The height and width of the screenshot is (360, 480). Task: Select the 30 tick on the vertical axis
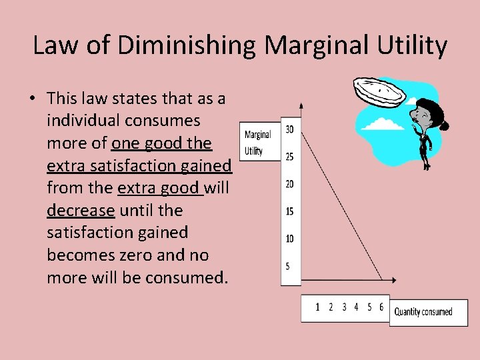[x=290, y=129]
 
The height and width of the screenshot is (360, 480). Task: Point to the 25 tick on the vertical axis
[x=290, y=157]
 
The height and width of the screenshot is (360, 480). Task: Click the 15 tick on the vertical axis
[x=290, y=211]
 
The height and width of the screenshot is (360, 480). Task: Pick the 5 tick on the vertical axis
[x=288, y=266]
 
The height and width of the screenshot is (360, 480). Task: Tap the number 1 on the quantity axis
[x=317, y=307]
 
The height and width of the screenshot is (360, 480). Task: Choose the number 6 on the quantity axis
[x=381, y=307]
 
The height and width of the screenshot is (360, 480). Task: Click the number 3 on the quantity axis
[x=344, y=307]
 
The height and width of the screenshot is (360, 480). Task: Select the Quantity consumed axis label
[x=423, y=312]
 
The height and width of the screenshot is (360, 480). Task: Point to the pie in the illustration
[x=378, y=93]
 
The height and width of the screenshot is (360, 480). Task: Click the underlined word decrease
[x=81, y=211]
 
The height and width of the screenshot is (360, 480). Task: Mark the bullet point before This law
[x=31, y=99]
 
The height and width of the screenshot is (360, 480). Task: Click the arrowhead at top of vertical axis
[x=301, y=105]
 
